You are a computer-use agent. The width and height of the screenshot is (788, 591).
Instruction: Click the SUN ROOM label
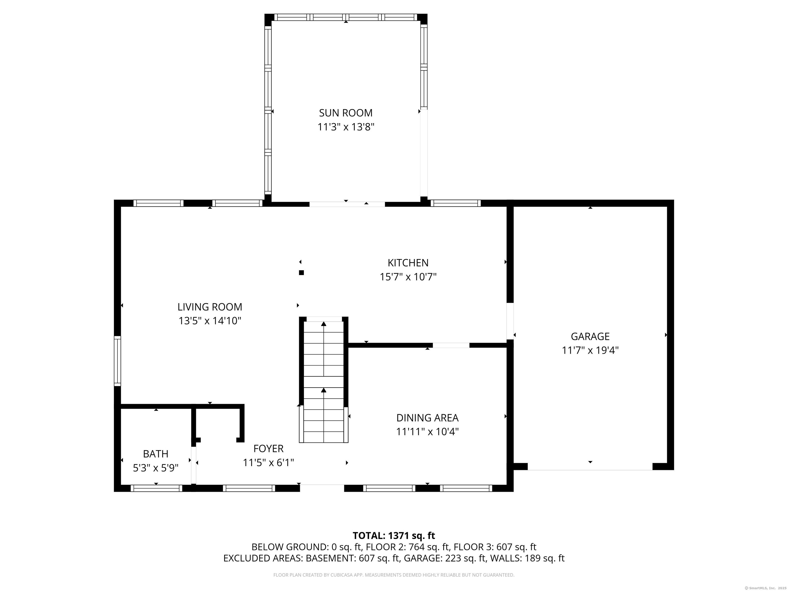[346, 113]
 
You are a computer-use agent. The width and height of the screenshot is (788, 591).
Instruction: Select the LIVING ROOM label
[210, 307]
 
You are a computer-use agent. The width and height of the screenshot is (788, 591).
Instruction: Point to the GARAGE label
[590, 336]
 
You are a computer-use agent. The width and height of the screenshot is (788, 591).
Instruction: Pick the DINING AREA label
[428, 418]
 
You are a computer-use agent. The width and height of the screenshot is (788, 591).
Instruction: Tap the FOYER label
[269, 448]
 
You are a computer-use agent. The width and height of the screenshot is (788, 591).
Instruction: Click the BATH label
[156, 454]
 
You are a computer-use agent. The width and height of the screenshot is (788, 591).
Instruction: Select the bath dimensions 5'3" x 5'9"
[156, 468]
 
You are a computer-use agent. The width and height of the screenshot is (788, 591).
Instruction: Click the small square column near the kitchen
[301, 272]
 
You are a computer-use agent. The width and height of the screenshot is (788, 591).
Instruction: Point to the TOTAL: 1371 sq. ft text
[394, 535]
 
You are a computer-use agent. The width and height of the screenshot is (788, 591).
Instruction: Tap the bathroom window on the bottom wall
[156, 488]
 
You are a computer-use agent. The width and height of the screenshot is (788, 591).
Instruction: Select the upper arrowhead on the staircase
[323, 324]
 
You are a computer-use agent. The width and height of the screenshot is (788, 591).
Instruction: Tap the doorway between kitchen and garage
[510, 321]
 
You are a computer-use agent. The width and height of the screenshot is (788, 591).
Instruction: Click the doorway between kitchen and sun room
[347, 204]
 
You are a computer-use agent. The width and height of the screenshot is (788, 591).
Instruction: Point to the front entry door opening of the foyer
[322, 488]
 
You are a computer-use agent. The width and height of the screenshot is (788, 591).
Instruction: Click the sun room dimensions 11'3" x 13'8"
[346, 127]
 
